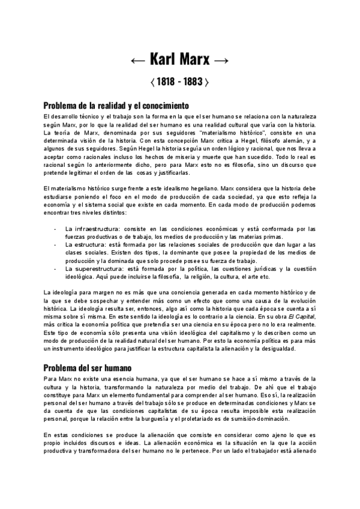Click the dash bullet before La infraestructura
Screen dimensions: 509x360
click(55, 229)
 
